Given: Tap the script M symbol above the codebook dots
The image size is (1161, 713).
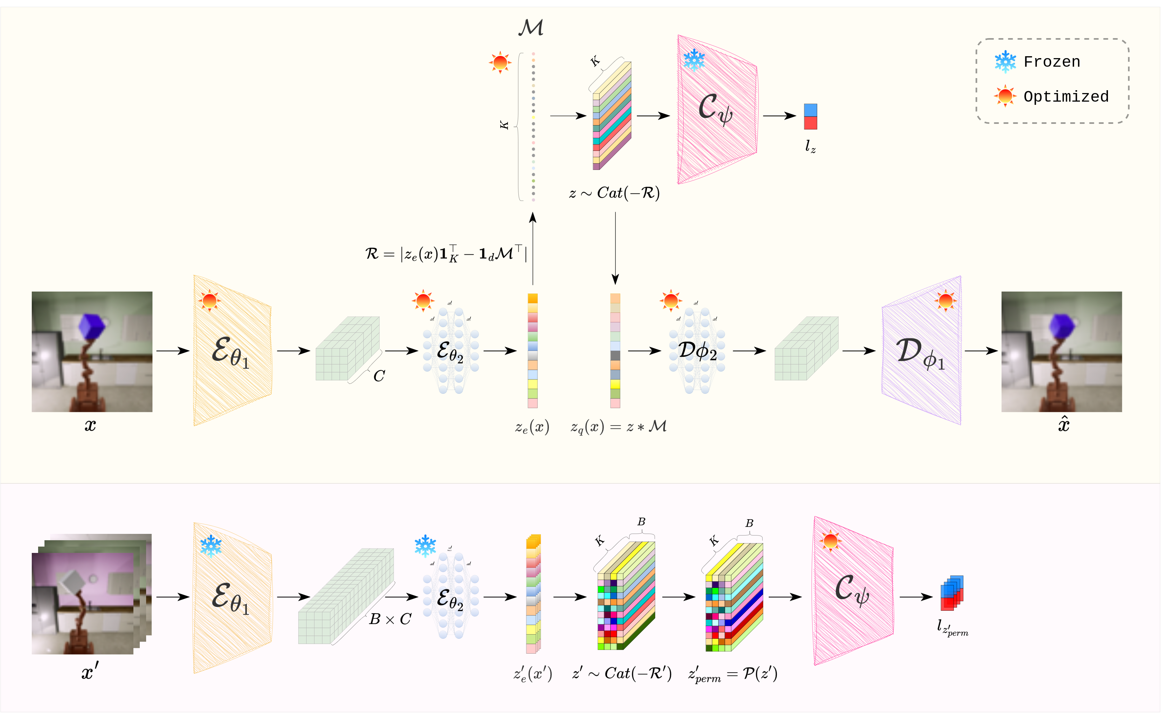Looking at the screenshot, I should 531,27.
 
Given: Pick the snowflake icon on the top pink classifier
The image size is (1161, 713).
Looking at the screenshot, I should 694,60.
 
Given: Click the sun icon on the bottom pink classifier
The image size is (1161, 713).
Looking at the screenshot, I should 830,541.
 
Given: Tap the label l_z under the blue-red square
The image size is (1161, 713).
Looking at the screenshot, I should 810,147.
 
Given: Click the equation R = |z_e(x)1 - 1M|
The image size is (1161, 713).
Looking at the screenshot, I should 446,254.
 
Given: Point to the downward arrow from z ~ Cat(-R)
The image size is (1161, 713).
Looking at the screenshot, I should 615,248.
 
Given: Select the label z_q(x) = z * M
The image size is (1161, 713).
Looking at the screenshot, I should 618,427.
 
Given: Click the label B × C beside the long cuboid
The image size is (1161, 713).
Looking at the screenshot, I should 390,619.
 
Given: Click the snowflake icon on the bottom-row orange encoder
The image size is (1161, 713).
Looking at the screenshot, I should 211,546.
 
